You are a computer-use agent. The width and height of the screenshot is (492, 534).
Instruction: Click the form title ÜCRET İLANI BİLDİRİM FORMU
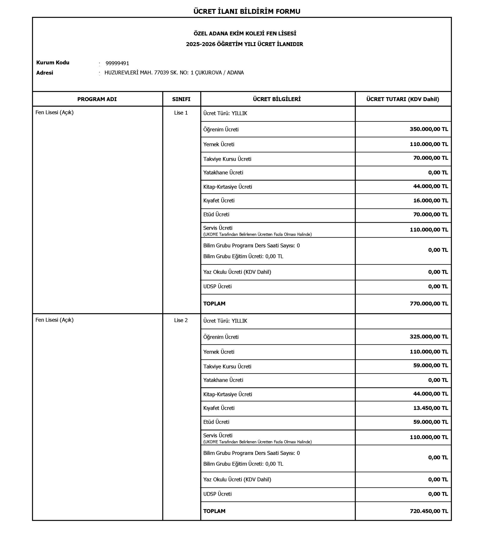click(x=246, y=11)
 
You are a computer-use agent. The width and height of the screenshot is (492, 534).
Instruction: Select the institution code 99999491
click(x=117, y=63)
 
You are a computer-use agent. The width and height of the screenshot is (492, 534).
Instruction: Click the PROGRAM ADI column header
click(x=97, y=99)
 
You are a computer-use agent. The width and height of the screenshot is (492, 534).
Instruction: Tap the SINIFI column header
click(x=181, y=99)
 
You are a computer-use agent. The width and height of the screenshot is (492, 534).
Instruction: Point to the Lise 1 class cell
click(x=181, y=113)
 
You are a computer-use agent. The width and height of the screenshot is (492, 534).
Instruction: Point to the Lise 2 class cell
click(x=181, y=320)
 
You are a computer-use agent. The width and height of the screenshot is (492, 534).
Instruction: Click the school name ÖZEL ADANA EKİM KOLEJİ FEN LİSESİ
click(x=245, y=34)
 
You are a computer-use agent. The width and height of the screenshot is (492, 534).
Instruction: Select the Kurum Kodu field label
click(x=53, y=63)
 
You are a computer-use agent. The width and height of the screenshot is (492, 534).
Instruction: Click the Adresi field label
click(x=45, y=73)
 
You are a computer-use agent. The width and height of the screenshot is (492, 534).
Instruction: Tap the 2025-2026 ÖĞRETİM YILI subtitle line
click(x=245, y=44)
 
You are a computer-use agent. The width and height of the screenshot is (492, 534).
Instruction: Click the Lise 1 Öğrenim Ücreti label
click(x=221, y=129)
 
